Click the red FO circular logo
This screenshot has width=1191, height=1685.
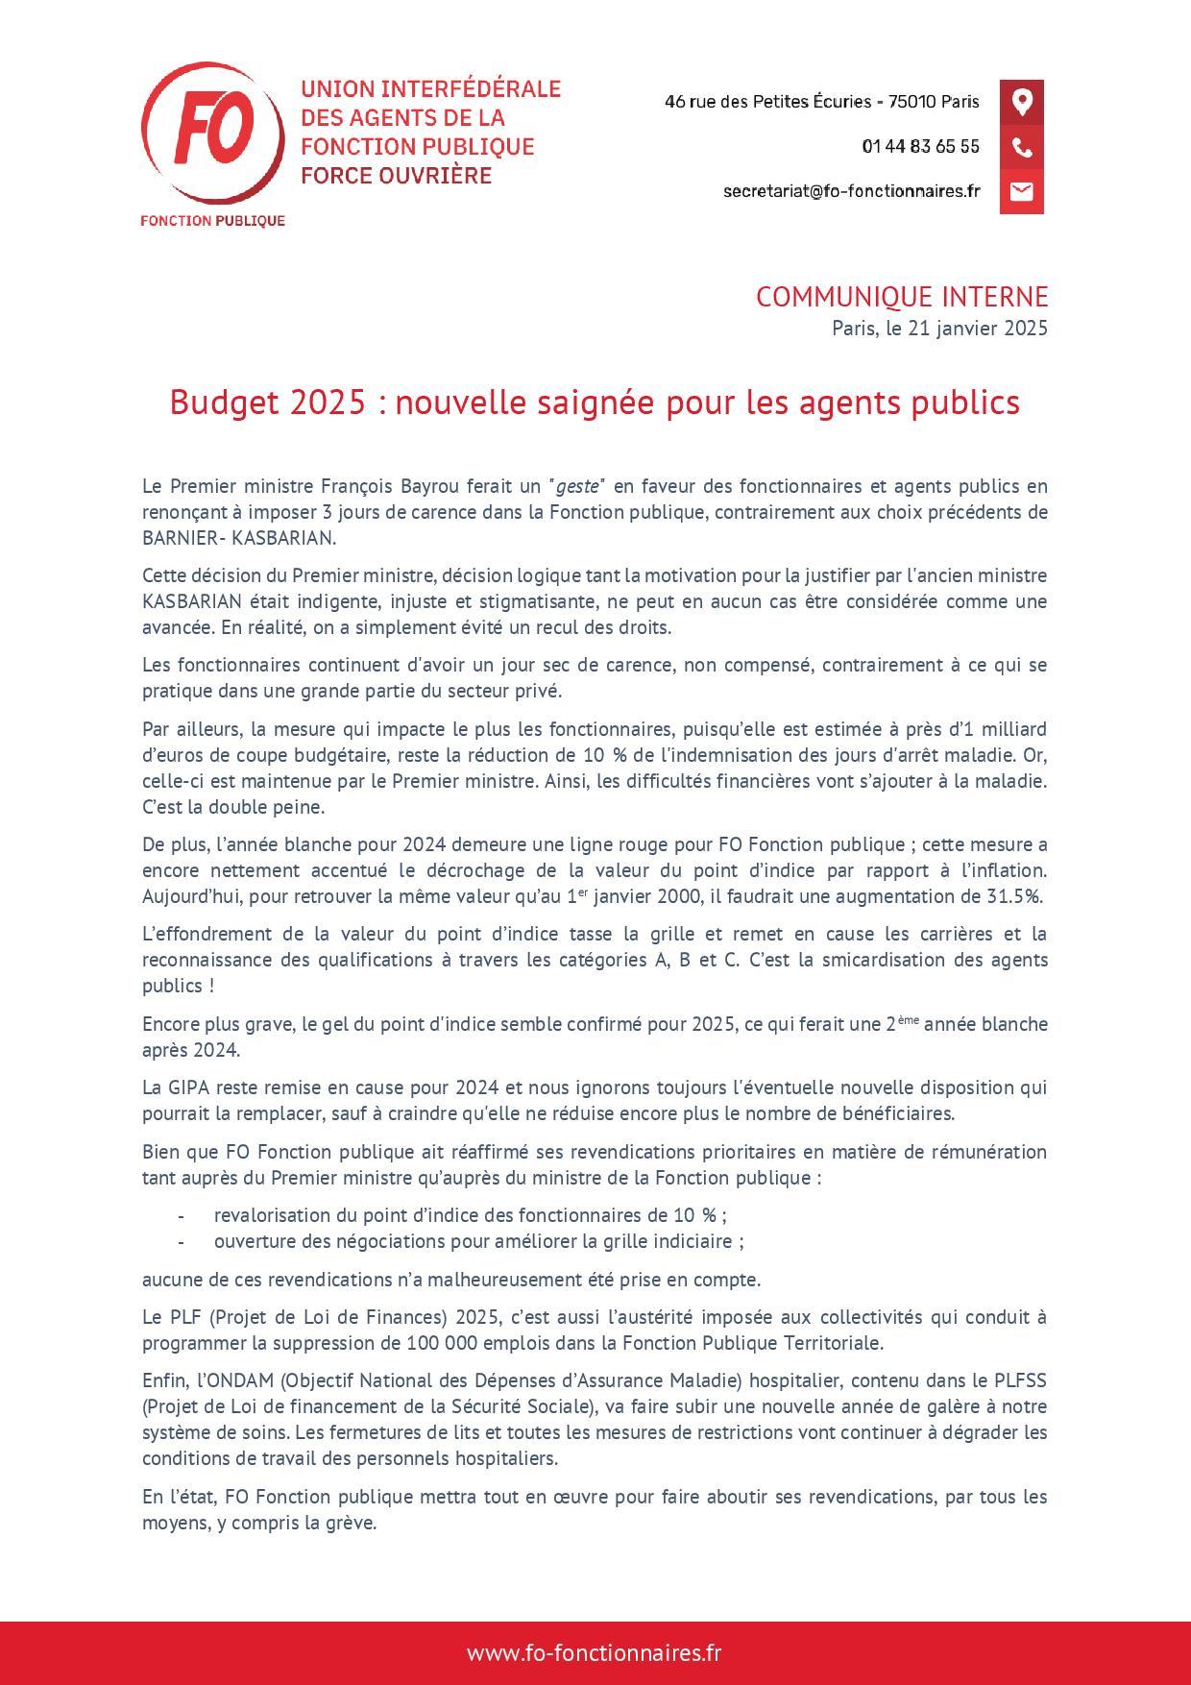pos(212,134)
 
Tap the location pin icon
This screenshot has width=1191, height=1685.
pos(1021,102)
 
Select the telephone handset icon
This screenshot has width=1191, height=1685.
pos(1021,147)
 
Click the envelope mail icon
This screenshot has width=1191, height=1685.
pos(1021,191)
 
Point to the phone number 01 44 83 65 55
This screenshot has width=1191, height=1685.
pos(920,147)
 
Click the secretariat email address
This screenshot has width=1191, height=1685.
pos(851,191)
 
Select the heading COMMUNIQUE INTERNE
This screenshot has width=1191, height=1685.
pos(901,297)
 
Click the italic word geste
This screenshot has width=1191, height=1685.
pos(576,486)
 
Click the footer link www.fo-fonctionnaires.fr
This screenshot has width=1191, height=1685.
pos(595,1652)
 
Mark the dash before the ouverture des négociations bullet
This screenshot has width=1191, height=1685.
pos(181,1241)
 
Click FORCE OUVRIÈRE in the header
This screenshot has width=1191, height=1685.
pos(396,176)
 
